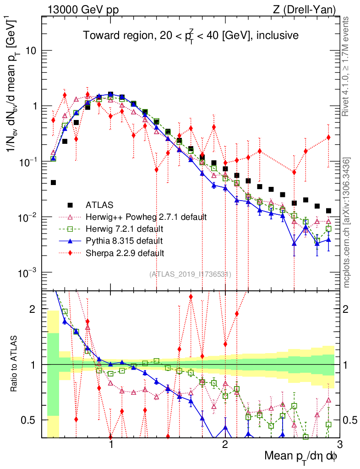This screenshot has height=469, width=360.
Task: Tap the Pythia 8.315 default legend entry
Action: pos(125,240)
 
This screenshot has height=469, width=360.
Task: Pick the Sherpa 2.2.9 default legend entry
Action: pos(125,252)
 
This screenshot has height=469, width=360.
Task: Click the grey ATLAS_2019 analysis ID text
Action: pos(190,274)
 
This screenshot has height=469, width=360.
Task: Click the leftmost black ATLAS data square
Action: pos(53,182)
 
